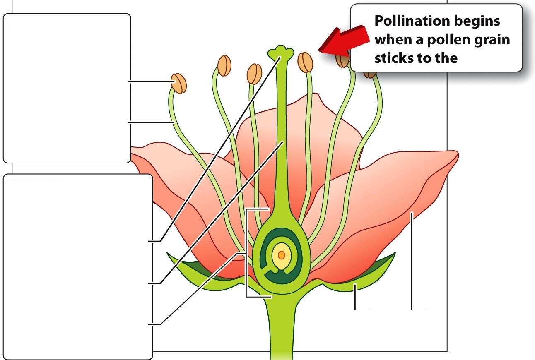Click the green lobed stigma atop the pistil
point(281,53)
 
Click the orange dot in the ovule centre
point(282,254)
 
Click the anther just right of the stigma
point(306,62)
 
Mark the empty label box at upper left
point(67,88)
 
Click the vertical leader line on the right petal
point(412,261)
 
